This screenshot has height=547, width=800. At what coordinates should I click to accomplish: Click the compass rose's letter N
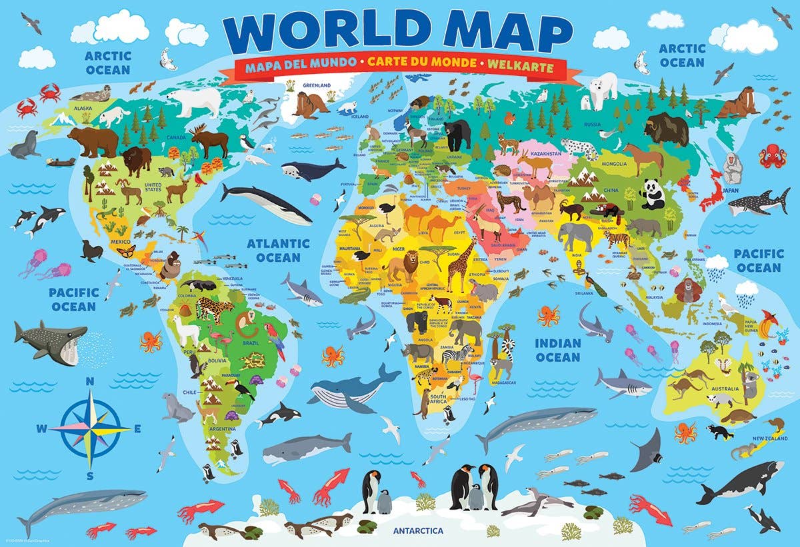coord(90,381)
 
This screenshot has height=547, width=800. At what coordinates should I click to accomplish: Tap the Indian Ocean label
coord(558,350)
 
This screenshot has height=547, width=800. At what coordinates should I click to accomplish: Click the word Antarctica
coord(417,531)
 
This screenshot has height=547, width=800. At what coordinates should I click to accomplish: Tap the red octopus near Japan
coord(773,156)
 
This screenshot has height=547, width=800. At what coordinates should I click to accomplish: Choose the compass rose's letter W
coord(41,429)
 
